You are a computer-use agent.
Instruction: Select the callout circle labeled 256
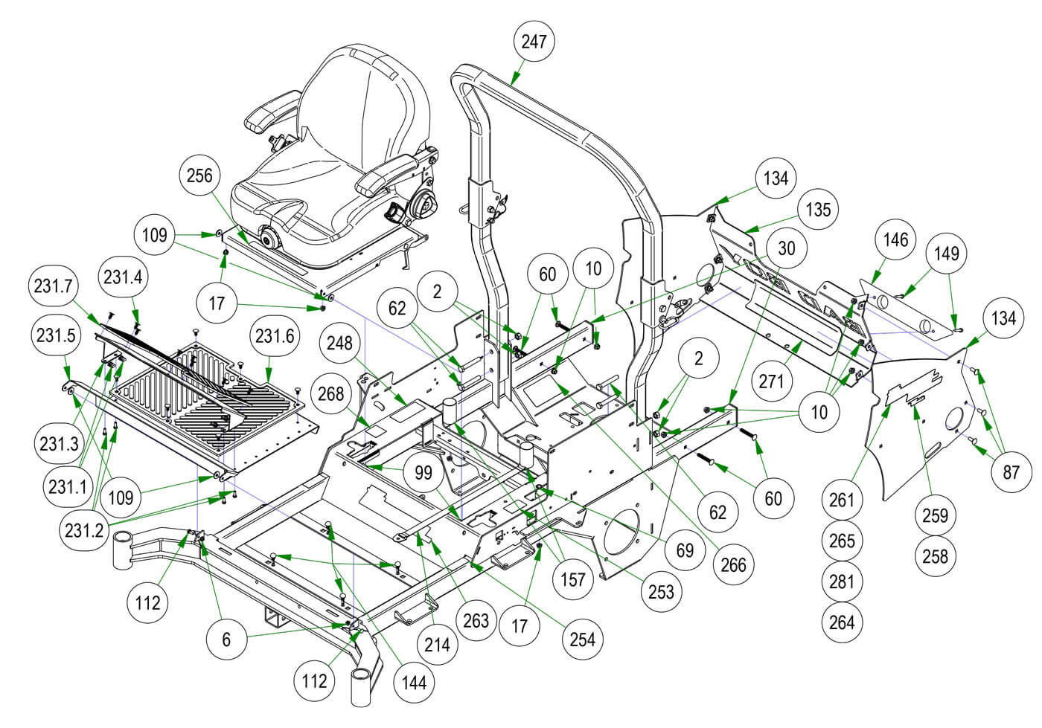pos(199,175)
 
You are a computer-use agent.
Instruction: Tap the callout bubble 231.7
pos(51,286)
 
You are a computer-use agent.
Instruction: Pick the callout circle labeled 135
pos(818,209)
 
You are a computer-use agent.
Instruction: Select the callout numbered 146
pos(895,239)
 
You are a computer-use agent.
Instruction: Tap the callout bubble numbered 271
pos(772,381)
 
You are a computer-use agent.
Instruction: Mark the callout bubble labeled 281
pos(842,581)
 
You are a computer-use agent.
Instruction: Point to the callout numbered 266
pos(733,564)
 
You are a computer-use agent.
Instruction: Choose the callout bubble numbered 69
pos(685,550)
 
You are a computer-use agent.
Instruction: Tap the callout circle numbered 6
pos(227,639)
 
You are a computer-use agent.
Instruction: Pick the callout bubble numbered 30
pos(786,248)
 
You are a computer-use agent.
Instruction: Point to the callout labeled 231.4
pos(123,277)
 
